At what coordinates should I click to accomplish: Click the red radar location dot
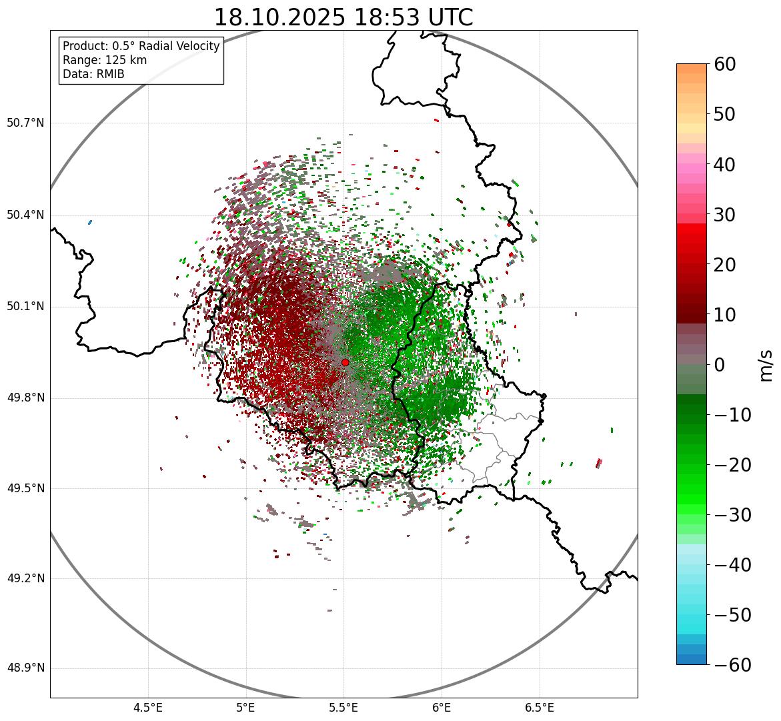[345, 362]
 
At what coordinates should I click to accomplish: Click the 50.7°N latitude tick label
[25, 123]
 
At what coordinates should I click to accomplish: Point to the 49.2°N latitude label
[25, 578]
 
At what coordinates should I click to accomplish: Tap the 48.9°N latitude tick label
[25, 668]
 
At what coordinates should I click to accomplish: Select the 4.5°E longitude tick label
[148, 707]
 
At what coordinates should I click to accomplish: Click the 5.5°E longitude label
[343, 707]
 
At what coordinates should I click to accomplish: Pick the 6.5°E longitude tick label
[539, 707]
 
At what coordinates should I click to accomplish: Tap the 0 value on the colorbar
[720, 365]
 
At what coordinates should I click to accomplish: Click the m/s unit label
[767, 365]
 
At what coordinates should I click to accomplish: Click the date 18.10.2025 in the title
[280, 17]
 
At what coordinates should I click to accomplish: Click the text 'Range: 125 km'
[105, 60]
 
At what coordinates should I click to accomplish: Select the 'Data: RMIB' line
[93, 74]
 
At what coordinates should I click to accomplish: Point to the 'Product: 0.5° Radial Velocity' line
[141, 46]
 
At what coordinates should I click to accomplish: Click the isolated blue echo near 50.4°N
[89, 222]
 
